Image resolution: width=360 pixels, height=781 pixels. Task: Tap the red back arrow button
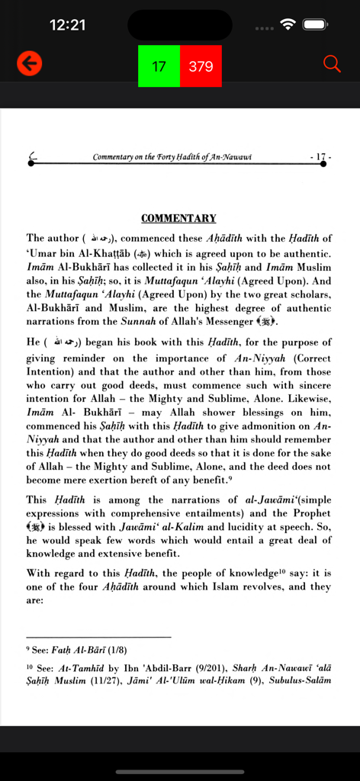point(29,65)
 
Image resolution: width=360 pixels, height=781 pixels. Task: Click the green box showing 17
point(159,66)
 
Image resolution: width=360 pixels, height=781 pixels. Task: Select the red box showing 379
point(201,66)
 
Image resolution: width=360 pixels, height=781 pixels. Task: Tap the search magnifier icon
point(332,64)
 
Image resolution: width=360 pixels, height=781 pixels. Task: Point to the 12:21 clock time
point(67,25)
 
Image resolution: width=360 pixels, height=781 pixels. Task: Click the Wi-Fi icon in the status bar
point(288,24)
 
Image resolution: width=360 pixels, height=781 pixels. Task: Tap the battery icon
point(315,24)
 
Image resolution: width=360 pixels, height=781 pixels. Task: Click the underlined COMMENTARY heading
point(178,218)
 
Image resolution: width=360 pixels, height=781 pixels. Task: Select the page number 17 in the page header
point(321,157)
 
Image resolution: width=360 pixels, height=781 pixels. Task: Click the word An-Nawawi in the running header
point(230,157)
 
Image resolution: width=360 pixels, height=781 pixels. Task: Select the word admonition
point(273,426)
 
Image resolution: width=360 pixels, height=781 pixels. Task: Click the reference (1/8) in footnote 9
point(117,651)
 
